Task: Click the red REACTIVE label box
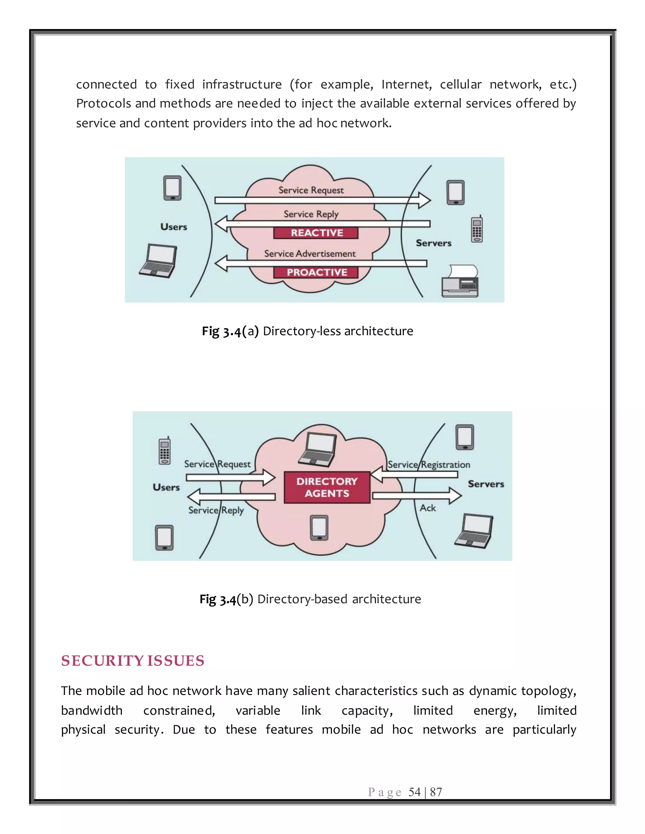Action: [x=316, y=233]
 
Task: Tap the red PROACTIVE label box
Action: [x=316, y=272]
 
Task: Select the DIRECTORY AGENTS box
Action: [x=327, y=487]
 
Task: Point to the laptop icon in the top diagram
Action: [x=158, y=261]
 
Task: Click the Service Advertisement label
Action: [x=310, y=254]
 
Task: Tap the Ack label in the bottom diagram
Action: [x=428, y=508]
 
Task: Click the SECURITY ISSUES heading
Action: [x=133, y=661]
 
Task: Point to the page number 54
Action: [x=414, y=792]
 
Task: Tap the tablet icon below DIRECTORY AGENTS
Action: [x=319, y=528]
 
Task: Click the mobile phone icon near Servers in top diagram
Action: [x=477, y=229]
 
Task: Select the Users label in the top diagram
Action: [x=174, y=227]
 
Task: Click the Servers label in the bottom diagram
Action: [x=486, y=484]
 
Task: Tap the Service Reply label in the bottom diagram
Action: [x=216, y=510]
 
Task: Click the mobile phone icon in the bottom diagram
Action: [x=164, y=451]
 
